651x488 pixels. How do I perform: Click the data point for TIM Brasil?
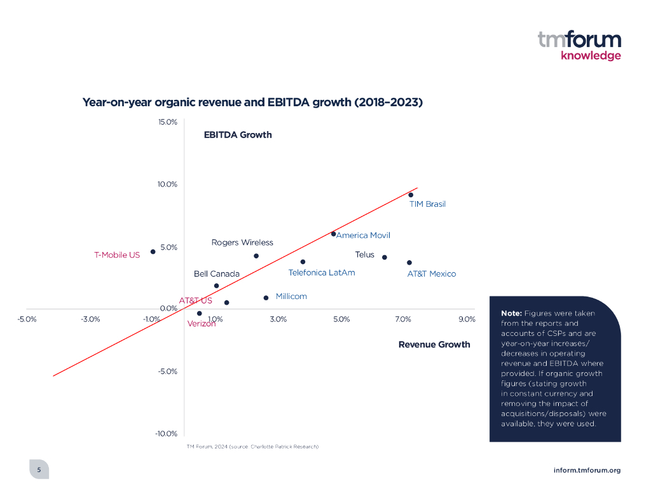[x=411, y=195]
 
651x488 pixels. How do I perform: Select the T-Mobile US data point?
[x=153, y=251]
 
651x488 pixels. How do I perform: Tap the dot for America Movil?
[x=333, y=234]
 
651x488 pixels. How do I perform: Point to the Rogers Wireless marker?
[x=256, y=256]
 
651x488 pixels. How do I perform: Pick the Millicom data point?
[x=266, y=297]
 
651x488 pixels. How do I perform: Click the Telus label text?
[x=364, y=254]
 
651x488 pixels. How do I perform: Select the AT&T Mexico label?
[x=431, y=274]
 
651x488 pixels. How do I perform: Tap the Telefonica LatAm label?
[x=322, y=272]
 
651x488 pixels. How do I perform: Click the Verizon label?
[x=202, y=323]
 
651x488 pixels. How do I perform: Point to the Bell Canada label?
[x=217, y=274]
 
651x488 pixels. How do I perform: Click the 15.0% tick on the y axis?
[x=167, y=122]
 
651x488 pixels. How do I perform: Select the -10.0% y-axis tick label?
[x=166, y=434]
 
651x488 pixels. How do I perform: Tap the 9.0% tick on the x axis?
[x=467, y=319]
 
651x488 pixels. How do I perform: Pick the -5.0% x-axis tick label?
[x=27, y=319]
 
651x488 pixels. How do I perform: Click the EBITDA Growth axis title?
[x=238, y=135]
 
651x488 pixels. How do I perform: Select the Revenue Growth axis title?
[x=434, y=344]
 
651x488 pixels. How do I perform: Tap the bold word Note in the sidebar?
[x=511, y=314]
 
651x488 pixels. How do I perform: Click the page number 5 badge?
[x=39, y=470]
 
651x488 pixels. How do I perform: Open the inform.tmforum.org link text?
[x=587, y=470]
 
